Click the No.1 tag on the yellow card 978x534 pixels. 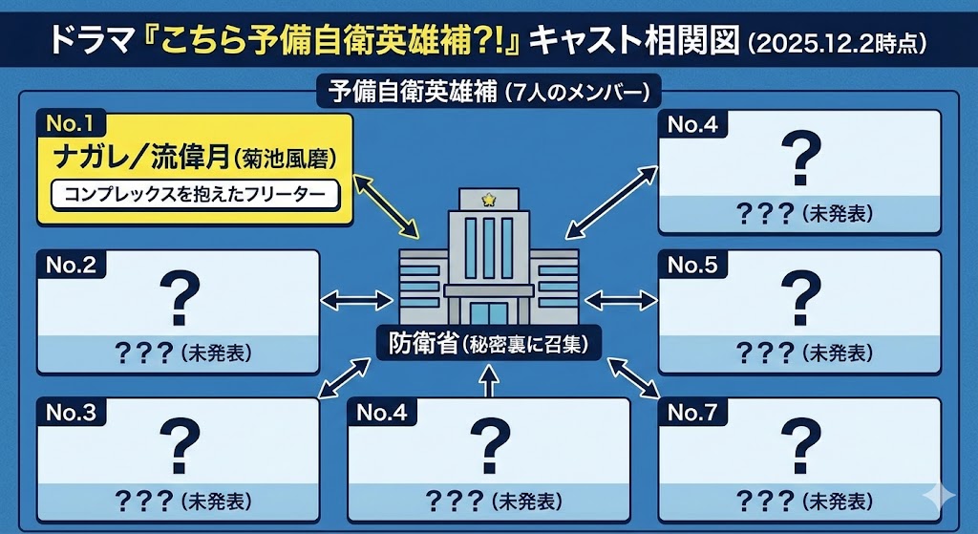70,123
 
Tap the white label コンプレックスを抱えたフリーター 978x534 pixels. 194,194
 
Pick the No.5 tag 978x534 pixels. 692,265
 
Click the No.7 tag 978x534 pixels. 692,413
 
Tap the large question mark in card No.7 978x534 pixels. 800,444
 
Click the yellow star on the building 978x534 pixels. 489,200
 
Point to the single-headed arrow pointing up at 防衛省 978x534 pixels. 489,379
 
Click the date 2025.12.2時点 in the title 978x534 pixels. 837,43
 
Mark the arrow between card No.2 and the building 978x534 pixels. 358,301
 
